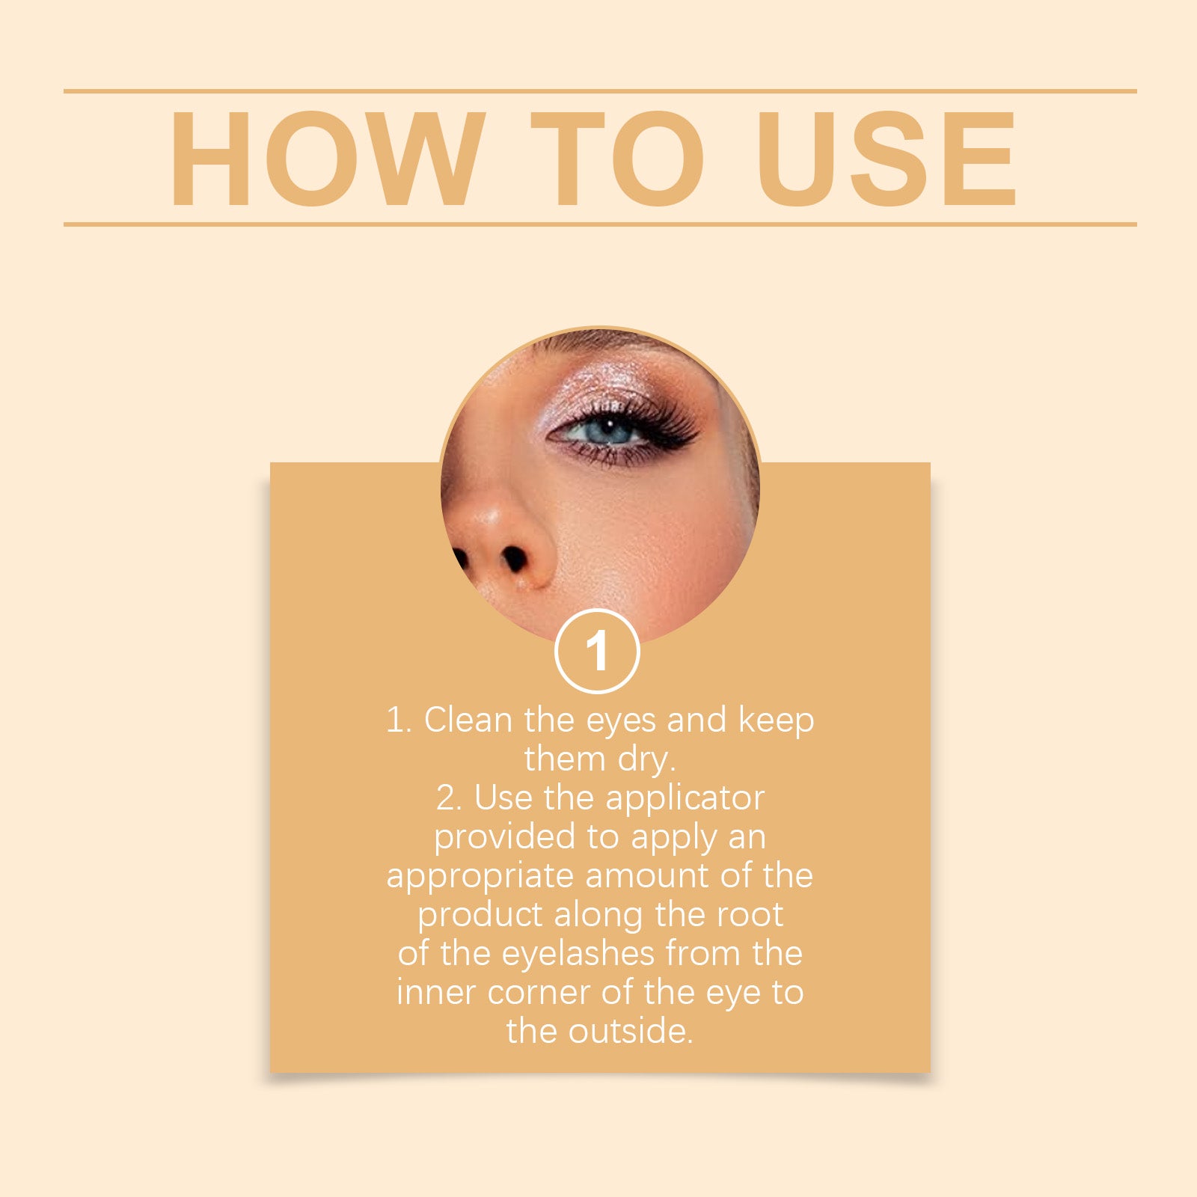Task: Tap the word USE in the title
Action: point(886,159)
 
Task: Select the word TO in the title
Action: point(617,159)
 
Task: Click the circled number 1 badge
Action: point(597,652)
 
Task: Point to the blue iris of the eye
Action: point(607,431)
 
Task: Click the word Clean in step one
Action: point(468,720)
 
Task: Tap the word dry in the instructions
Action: point(646,760)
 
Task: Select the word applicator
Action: point(685,799)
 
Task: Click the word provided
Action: point(505,838)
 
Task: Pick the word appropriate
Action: point(480,877)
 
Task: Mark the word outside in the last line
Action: point(630,1032)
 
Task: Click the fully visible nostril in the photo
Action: point(514,558)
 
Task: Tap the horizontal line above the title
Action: point(598,91)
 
